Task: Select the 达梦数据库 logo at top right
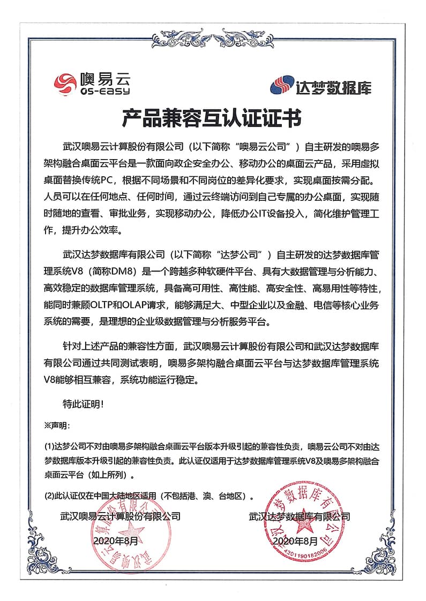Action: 320,86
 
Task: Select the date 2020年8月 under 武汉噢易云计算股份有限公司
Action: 115,542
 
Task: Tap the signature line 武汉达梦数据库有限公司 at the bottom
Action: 299,517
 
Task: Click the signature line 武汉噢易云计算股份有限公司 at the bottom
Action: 120,517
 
